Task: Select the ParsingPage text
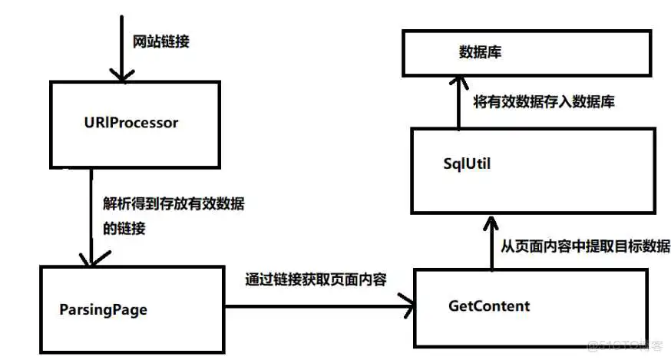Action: [103, 310]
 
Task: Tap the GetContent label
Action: [488, 306]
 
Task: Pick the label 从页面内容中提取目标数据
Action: [586, 246]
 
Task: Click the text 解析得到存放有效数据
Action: [178, 203]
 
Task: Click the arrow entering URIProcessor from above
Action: [118, 46]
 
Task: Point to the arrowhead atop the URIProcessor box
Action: [118, 74]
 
